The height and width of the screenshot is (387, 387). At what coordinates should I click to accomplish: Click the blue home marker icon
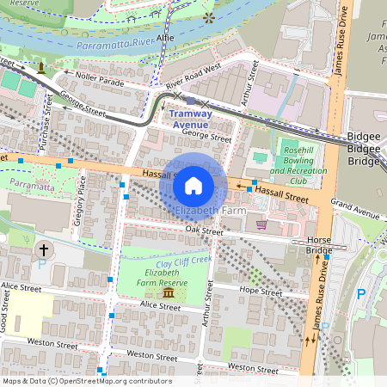193,185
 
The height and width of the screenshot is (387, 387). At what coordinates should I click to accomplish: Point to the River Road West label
193,88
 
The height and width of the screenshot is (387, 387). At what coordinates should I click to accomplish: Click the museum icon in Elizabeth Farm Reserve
168,293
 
